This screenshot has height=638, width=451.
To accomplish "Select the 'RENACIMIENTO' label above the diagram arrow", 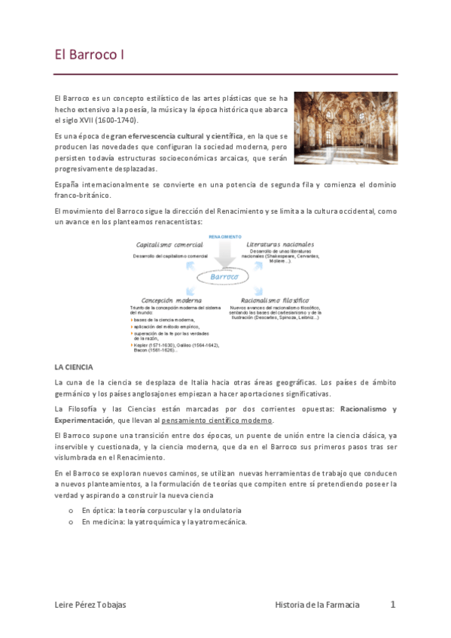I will click(225, 236).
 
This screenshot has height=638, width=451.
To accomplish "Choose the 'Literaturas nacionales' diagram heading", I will click(280, 246).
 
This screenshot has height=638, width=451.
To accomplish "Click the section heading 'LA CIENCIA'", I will click(73, 367).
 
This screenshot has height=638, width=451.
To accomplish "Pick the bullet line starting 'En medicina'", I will click(164, 521).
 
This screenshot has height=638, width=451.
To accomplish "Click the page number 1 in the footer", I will click(392, 604).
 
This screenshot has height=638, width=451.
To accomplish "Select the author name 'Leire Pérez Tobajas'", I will click(93, 605).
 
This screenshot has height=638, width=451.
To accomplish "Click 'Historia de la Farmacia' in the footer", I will click(317, 605).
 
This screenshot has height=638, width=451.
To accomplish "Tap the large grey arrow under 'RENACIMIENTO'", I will click(224, 256).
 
